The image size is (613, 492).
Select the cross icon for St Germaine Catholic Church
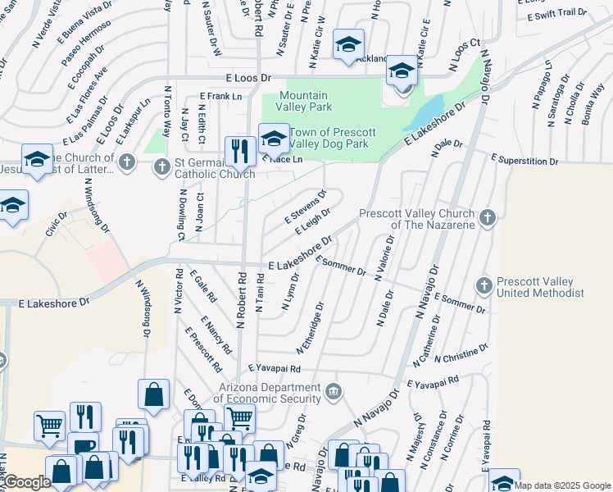click(x=126, y=163)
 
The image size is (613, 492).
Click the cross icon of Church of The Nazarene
click(x=488, y=218)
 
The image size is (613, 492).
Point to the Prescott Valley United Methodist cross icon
click(x=484, y=285)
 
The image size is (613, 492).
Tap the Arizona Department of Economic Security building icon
click(x=334, y=391)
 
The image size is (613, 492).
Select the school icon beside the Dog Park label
click(x=274, y=138)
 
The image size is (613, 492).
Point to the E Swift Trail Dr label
click(x=557, y=13)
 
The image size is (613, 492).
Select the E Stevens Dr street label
click(x=306, y=207)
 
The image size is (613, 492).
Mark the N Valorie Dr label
click(x=384, y=258)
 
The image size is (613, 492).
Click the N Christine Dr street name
click(x=462, y=353)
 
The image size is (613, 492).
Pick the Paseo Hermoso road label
click(x=84, y=45)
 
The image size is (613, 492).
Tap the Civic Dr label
click(x=57, y=221)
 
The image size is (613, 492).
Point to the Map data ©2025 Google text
click(x=563, y=485)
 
